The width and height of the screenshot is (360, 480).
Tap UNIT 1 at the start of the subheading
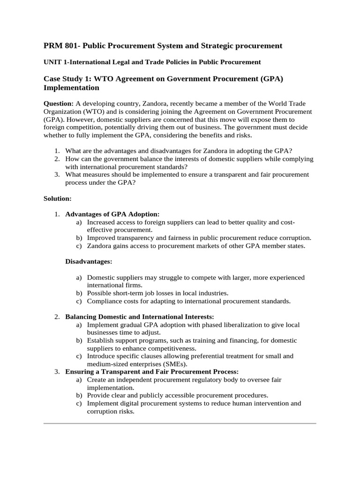pos(56,62)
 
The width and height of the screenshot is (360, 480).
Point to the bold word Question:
pos(59,103)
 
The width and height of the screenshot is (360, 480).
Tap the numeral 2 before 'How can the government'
pos(56,159)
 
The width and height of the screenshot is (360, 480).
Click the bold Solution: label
pos(57,199)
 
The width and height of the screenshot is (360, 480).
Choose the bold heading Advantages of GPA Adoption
pos(112,214)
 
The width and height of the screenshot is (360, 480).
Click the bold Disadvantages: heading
pos(89,261)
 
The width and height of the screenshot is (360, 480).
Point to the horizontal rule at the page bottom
pos(180,423)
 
